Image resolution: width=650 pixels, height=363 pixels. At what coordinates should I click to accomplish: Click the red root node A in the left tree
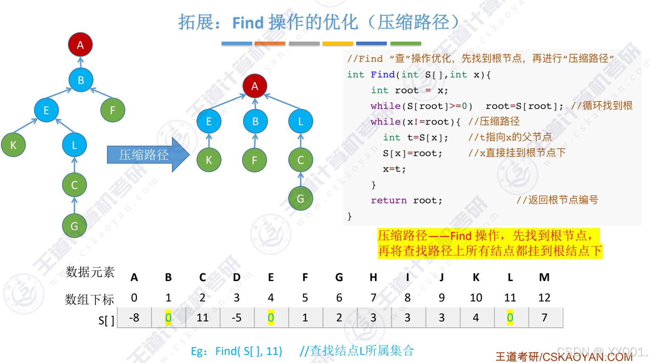pos(80,45)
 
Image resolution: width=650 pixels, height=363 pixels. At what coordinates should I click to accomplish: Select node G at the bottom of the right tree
pos(301,198)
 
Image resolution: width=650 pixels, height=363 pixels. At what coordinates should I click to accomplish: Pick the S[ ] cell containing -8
pos(134,318)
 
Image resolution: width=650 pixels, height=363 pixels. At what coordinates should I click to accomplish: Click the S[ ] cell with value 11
pos(203,318)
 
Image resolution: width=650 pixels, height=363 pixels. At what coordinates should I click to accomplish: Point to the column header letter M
pos(544,277)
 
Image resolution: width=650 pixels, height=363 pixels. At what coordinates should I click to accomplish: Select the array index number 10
pos(476,298)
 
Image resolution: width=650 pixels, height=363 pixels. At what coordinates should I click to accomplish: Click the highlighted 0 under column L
pos(510,318)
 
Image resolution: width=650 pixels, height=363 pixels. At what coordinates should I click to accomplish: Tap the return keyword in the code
pos(388,200)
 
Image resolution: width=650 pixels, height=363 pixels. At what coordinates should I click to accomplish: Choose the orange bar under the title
pos(270,43)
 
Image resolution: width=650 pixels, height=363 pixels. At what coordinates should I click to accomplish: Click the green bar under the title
pos(405,43)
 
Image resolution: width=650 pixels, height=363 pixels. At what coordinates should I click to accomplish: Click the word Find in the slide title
pos(248,23)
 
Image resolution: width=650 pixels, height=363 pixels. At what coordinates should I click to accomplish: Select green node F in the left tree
pos(113,110)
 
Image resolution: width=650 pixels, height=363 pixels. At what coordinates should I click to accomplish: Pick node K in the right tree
pos(209,160)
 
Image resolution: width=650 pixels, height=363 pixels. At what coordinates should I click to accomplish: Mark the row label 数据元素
pos(90,272)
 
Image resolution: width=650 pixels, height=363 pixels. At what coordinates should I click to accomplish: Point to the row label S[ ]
pos(106,320)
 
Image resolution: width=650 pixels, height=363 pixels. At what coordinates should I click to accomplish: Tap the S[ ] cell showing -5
pos(236,318)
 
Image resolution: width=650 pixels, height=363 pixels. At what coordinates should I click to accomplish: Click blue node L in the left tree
pos(74,145)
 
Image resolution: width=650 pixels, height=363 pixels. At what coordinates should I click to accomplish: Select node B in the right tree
pos(255,121)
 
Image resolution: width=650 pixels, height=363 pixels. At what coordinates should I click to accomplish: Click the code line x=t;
pos(394,169)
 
